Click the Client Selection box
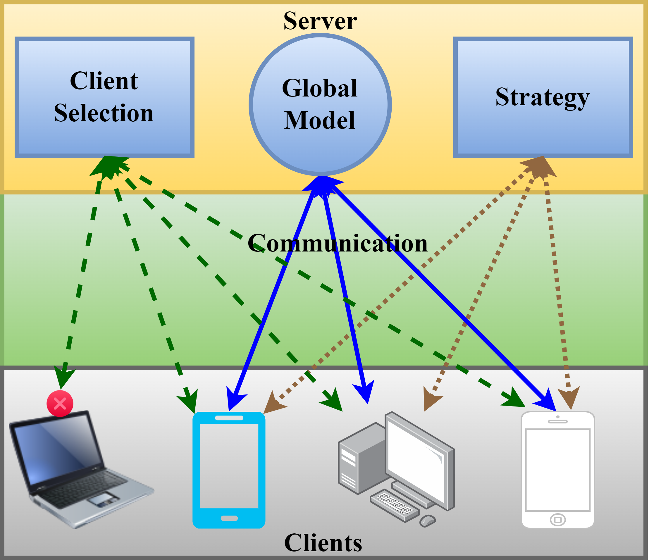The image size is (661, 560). coord(104,97)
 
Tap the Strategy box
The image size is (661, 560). coord(543,97)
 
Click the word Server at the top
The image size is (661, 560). coord(320,21)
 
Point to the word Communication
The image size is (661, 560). coord(338,243)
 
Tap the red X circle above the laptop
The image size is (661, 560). coord(60,404)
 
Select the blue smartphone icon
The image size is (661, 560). coord(229,470)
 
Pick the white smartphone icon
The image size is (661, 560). coord(557,470)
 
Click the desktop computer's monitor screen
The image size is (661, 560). coord(416,457)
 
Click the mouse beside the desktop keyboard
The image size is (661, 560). coord(428,521)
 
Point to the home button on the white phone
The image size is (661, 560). coord(557,520)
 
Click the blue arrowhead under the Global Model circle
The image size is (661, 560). coord(322,184)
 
